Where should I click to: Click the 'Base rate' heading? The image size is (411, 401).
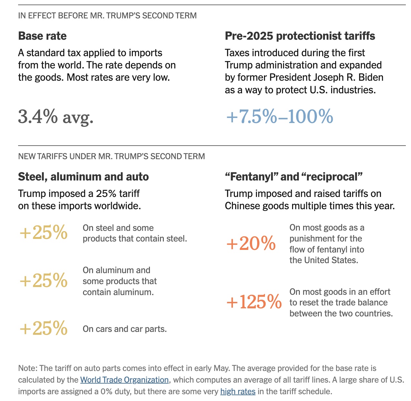[x=42, y=36]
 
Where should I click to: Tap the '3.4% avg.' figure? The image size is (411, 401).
[x=56, y=117]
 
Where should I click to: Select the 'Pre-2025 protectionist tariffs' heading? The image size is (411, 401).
[x=300, y=36]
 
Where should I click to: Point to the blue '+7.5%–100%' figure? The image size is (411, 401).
[x=279, y=117]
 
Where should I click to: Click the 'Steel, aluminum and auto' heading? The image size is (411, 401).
[x=83, y=177]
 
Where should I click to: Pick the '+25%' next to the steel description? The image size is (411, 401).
[x=44, y=232]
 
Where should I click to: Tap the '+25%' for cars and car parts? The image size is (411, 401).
[x=44, y=328]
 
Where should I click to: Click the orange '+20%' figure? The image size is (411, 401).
[x=251, y=244]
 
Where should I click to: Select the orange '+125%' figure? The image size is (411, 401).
[x=254, y=302]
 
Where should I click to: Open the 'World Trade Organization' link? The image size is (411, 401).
[x=124, y=380]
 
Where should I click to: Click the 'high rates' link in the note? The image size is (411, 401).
[x=238, y=392]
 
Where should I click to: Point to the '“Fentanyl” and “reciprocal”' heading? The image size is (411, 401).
[x=294, y=177]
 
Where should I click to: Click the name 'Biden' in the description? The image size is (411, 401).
[x=371, y=77]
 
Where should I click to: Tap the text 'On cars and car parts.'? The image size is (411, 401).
[x=125, y=329]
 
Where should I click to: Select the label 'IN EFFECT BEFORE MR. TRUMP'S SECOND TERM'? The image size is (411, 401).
[x=107, y=15]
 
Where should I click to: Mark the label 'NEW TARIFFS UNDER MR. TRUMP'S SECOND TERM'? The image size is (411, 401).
[x=111, y=157]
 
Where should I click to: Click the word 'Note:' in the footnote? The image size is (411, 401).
[x=28, y=368]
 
